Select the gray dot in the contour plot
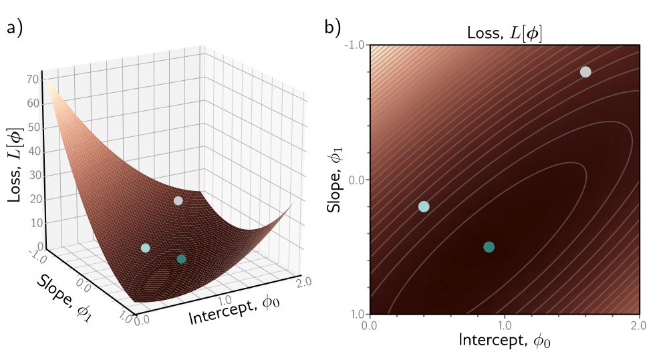click(x=585, y=72)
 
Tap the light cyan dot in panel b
click(x=423, y=206)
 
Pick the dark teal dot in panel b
click(x=489, y=246)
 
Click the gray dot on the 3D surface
click(x=178, y=200)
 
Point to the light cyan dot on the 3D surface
click(x=146, y=248)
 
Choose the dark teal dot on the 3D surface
click(x=181, y=258)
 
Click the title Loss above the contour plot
click(x=505, y=34)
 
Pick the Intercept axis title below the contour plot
click(x=505, y=341)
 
